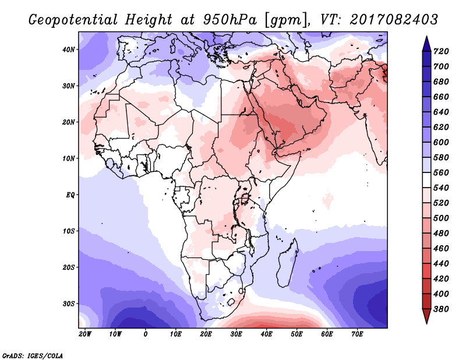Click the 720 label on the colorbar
coord(441,51)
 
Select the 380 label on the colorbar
coord(441,309)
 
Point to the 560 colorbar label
coord(441,172)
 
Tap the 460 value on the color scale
coord(441,249)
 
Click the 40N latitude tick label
coord(69,50)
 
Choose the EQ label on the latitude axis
coord(70,195)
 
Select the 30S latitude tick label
coord(69,304)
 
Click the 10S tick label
coord(69,231)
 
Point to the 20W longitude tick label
coord(85,334)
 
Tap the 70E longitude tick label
coord(357,334)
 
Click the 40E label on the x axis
coord(266,334)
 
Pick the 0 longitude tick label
coord(145,334)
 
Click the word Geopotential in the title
coord(73,20)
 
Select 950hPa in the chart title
coord(230,20)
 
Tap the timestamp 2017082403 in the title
coord(394,20)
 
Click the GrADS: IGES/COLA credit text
coord(33,356)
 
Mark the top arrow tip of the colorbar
coord(426,36)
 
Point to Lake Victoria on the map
coord(245,198)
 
